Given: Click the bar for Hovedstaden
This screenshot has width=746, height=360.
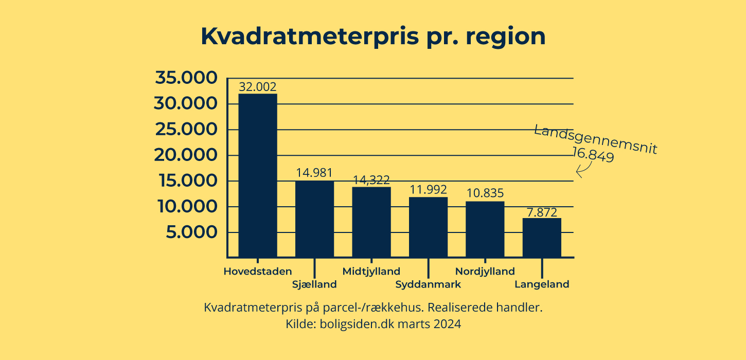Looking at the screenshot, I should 258,175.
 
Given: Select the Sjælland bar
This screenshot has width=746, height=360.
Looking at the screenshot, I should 314,219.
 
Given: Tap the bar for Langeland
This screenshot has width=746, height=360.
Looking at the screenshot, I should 542,237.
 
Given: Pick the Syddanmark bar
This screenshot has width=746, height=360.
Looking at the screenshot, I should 428,227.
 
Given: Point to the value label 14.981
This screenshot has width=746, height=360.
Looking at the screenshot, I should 314,173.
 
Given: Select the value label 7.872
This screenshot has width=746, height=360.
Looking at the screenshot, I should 542,212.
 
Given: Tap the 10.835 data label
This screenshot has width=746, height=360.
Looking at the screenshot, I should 485,194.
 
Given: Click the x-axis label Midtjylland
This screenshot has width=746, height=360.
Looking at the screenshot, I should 371,271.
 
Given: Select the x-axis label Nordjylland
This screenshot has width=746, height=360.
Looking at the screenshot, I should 485,271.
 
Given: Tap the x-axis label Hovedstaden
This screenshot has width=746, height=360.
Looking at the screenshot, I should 258,271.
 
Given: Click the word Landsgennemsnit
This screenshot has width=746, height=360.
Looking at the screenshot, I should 596,139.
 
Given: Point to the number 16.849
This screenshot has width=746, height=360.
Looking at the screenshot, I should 593,155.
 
